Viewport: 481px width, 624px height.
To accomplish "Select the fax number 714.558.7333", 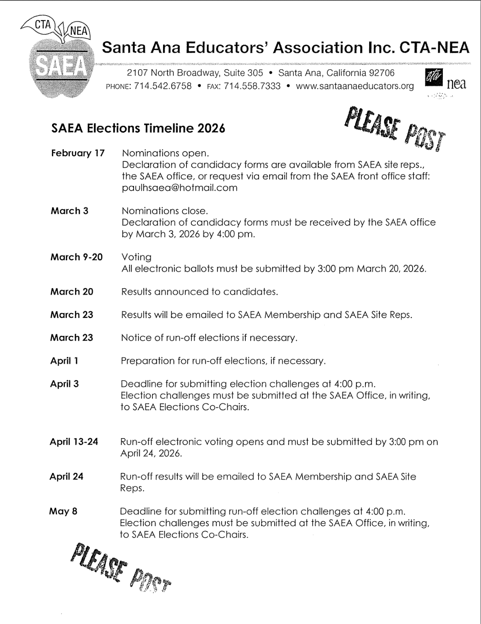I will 252,86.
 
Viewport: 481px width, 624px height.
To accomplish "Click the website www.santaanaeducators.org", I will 354,86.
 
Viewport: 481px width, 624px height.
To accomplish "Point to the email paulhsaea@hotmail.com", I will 180,188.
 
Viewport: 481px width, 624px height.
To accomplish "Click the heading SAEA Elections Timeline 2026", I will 138,129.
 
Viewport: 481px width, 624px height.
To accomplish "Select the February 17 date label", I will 78,153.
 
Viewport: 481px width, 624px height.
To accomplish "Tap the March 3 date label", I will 69,211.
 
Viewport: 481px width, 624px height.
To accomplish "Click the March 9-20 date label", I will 77,257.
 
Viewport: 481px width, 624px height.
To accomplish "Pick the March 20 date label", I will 72,292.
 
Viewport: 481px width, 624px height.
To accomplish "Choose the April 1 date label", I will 64,361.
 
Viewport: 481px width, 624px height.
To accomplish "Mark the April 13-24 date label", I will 74,442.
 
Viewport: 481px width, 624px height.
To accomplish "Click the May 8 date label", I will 63,511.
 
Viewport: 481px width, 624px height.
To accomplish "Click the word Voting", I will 136,257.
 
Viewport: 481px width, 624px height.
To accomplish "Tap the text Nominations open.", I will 166,153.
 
